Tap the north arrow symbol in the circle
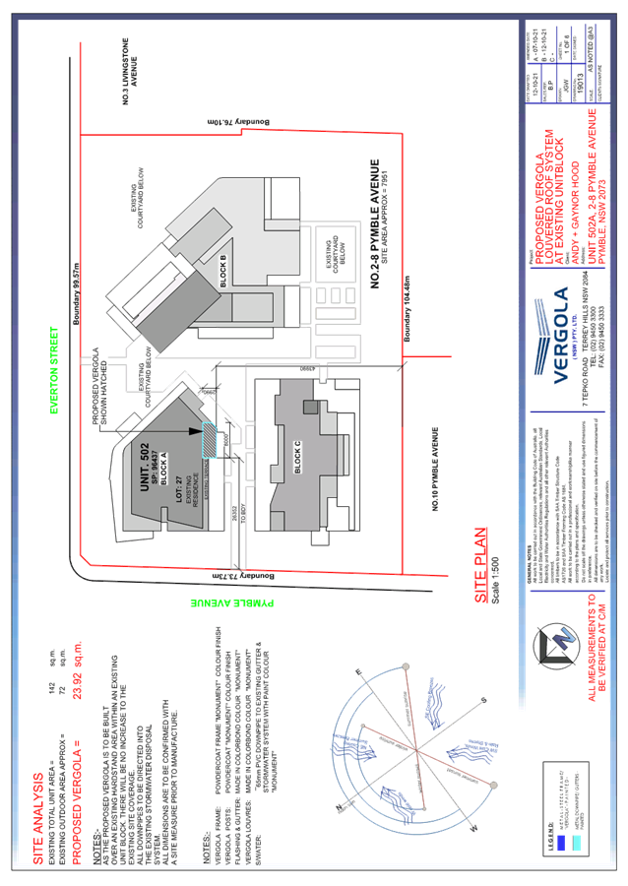(545, 644)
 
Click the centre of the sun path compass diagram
(416, 754)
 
